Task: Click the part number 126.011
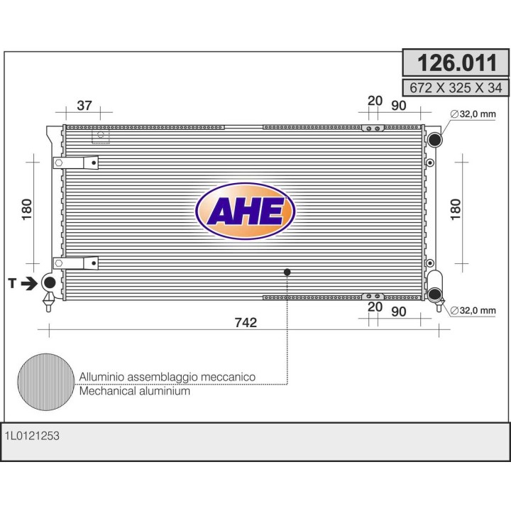tap(457, 62)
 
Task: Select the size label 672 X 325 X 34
tap(456, 88)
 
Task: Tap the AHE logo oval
tap(246, 211)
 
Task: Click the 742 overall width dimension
tap(246, 322)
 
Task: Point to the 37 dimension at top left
tap(84, 105)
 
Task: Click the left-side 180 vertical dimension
tap(27, 209)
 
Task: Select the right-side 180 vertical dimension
tap(456, 209)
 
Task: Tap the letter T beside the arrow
tap(12, 283)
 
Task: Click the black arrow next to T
tap(29, 283)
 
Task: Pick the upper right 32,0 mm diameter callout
tap(473, 114)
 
